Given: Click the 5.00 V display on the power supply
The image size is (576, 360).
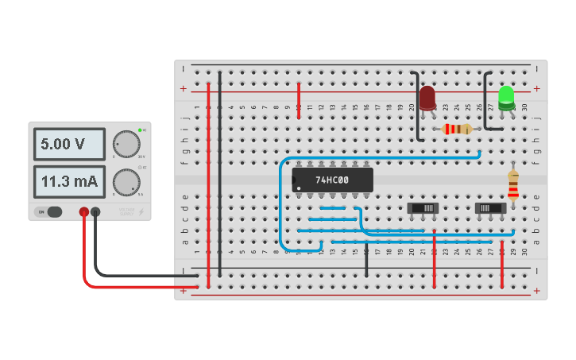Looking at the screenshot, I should pyautogui.click(x=69, y=144).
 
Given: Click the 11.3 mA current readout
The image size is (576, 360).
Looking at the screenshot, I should pyautogui.click(x=69, y=182).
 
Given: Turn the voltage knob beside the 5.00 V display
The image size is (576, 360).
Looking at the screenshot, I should pyautogui.click(x=126, y=144).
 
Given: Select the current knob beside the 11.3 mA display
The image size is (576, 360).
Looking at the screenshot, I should pyautogui.click(x=126, y=182).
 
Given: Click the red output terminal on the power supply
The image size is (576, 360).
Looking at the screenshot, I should pyautogui.click(x=83, y=212).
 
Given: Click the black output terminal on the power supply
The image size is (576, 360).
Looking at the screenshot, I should pyautogui.click(x=95, y=212).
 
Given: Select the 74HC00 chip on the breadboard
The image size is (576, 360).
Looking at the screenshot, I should pyautogui.click(x=332, y=180).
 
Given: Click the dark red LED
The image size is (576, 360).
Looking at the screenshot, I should pyautogui.click(x=427, y=98).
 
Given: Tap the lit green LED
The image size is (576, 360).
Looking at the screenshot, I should pyautogui.click(x=506, y=97).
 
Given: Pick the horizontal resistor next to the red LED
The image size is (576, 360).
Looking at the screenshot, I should pyautogui.click(x=457, y=129).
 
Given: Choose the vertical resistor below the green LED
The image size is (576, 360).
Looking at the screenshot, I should pyautogui.click(x=513, y=184).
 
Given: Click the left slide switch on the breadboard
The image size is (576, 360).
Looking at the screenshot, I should pyautogui.click(x=423, y=208).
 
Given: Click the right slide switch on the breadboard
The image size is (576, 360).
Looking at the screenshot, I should pyautogui.click(x=490, y=208).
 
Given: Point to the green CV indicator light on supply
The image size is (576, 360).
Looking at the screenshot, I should pyautogui.click(x=140, y=130).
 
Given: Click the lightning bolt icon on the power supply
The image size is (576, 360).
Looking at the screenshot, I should pyautogui.click(x=141, y=212).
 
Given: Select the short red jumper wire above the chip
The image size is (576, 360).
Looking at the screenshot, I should pyautogui.click(x=299, y=100).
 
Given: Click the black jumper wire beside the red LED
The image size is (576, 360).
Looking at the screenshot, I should pyautogui.click(x=416, y=107).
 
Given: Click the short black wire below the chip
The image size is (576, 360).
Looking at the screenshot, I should pyautogui.click(x=366, y=261).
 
